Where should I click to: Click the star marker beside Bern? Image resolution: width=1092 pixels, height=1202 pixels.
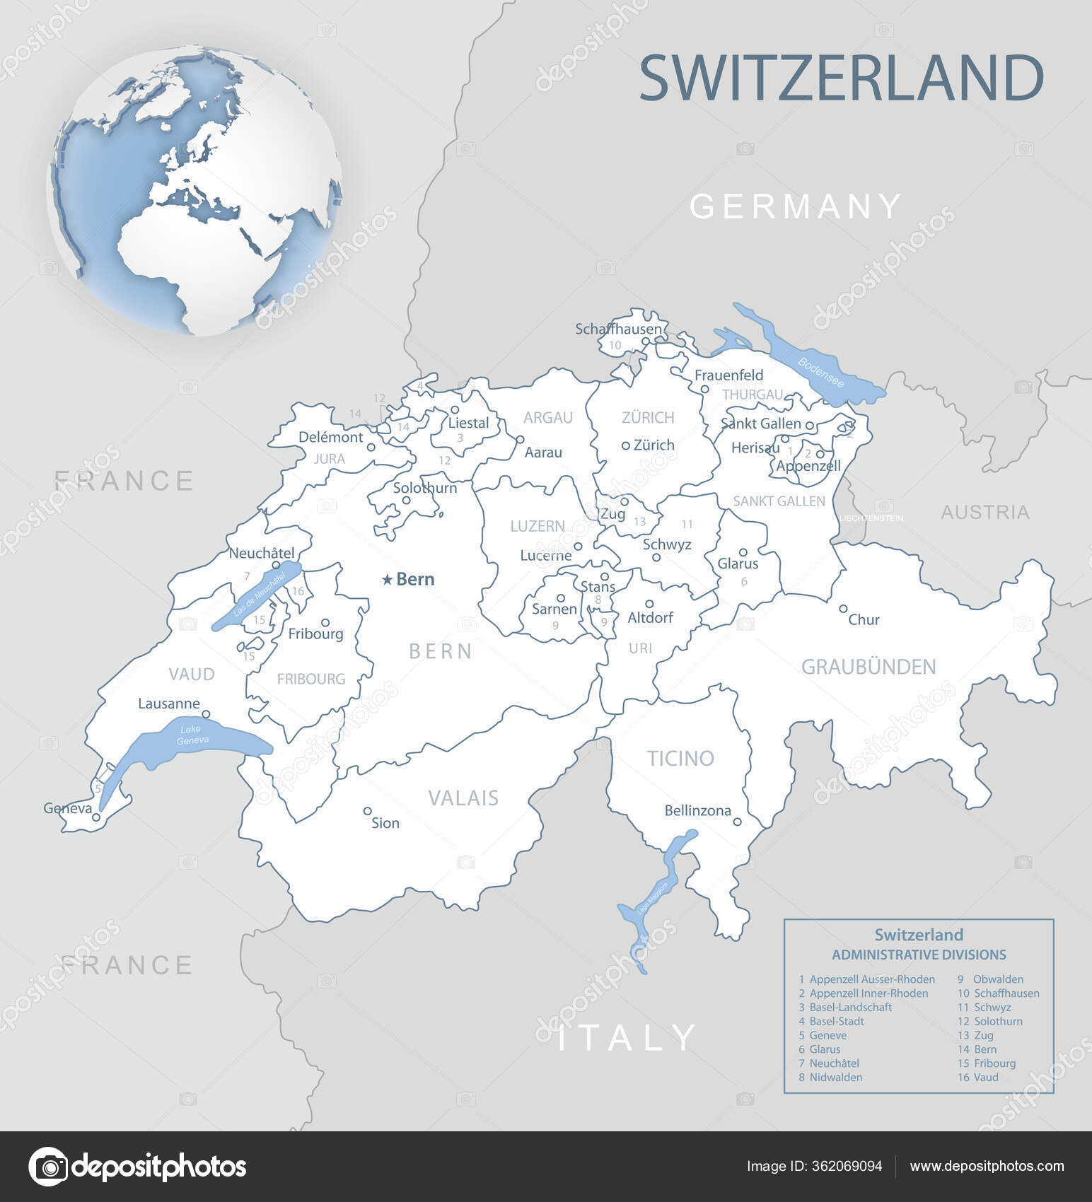387,580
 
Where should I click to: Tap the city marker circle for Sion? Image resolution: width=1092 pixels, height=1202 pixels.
367,811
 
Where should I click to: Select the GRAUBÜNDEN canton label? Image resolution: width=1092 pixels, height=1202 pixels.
868,667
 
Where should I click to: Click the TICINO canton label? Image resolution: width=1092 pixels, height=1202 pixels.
680,759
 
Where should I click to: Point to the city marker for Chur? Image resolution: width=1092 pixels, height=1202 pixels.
843,608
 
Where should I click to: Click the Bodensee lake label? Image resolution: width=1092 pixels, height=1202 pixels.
820,372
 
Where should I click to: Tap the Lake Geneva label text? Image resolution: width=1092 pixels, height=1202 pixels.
192,735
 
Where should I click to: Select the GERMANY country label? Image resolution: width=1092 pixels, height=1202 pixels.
796,206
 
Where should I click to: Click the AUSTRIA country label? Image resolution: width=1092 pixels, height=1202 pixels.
984,512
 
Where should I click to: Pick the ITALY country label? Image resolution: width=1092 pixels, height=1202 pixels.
628,1038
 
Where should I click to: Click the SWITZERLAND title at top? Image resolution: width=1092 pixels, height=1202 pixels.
841,78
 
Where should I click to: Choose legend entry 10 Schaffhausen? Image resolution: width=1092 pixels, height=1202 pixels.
999,993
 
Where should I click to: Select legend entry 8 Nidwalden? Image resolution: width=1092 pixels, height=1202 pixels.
830,1077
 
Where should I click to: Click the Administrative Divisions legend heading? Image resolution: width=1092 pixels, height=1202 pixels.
919,955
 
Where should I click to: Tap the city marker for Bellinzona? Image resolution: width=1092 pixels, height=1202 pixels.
737,822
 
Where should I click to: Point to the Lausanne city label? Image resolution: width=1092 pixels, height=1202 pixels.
169,704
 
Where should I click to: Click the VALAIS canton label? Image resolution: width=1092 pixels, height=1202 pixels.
463,798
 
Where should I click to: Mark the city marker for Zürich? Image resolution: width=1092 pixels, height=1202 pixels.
625,445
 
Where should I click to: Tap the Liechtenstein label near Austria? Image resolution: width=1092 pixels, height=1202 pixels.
871,518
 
